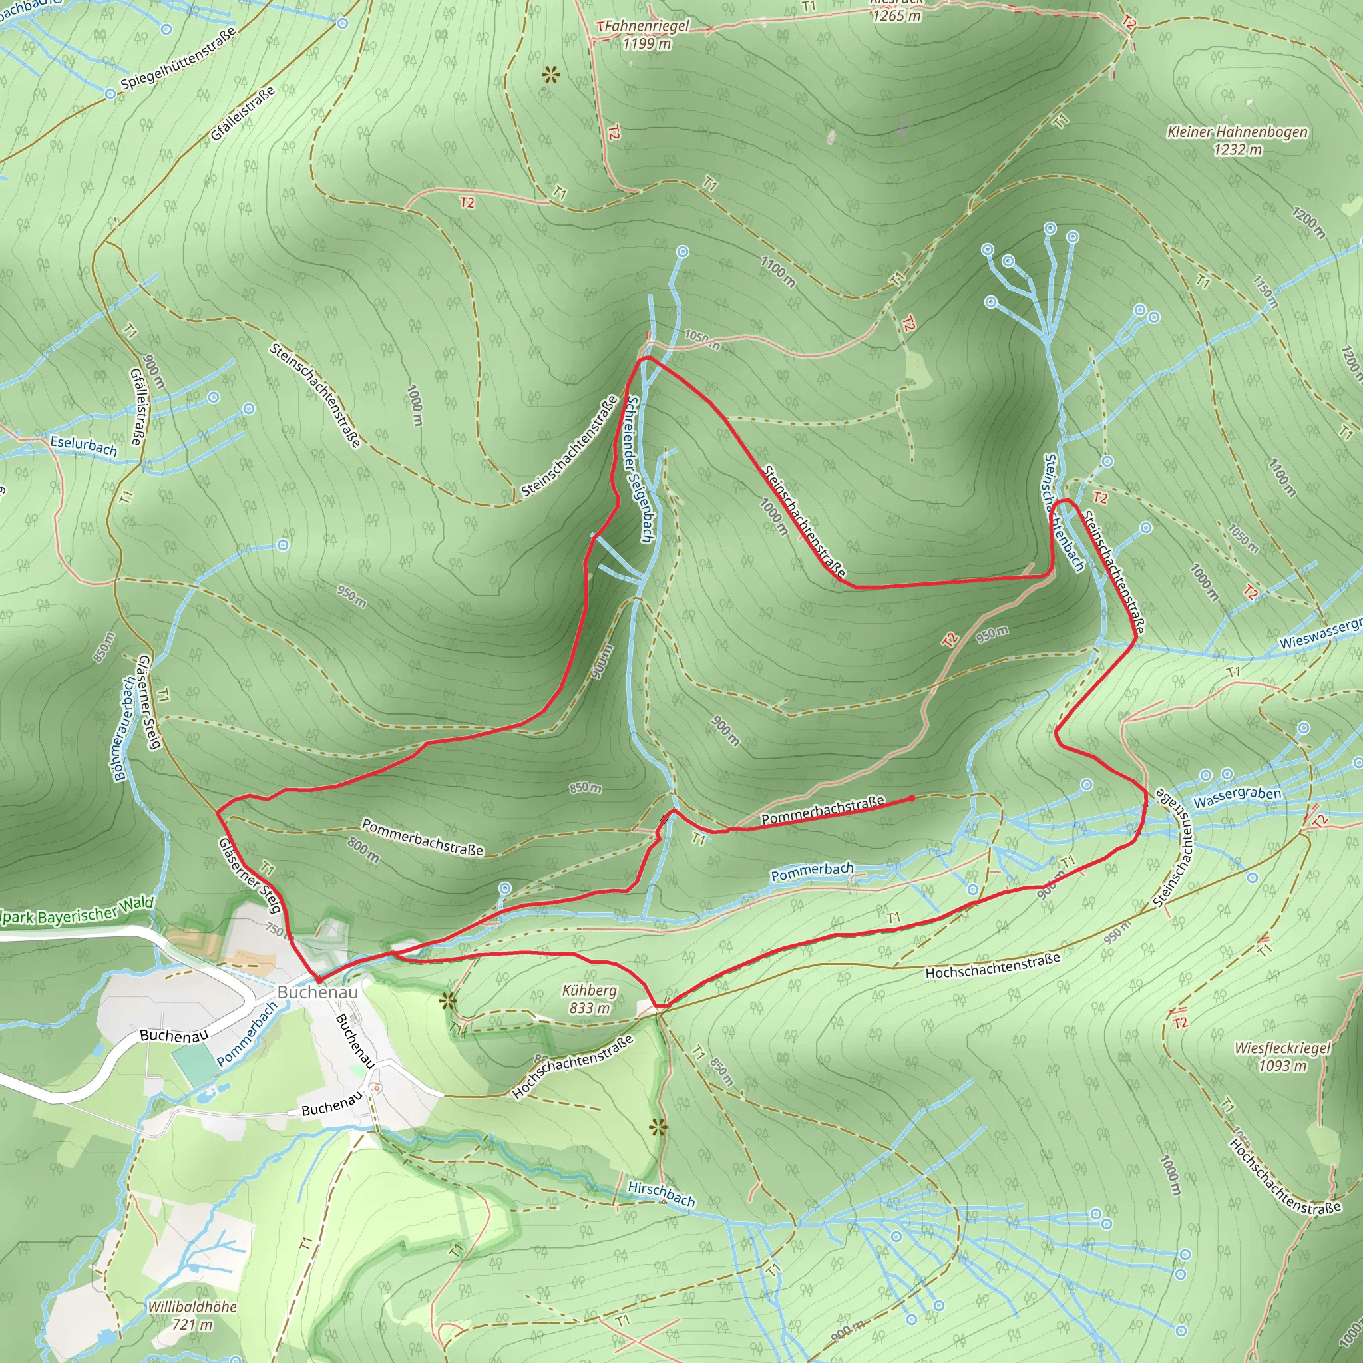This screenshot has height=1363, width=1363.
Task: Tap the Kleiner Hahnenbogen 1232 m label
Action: (x=1237, y=140)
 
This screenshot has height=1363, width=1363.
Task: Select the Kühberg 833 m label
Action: (x=589, y=999)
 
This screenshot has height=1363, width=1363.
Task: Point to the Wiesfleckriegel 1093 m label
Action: (x=1282, y=1056)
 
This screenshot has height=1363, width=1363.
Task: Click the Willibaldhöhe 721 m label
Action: (x=192, y=1315)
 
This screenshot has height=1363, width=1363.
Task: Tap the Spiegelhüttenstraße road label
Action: (x=178, y=59)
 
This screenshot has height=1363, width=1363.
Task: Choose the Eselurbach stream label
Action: (x=83, y=446)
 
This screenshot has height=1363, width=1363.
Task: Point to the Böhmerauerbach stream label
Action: (x=124, y=729)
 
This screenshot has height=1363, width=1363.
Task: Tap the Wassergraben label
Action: (x=1237, y=797)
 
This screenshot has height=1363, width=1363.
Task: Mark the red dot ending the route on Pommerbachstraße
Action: (x=912, y=799)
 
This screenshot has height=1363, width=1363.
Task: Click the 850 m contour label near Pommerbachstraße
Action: (x=586, y=787)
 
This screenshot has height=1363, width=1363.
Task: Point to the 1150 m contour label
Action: (x=1265, y=292)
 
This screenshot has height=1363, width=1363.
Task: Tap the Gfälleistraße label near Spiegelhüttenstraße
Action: (x=242, y=113)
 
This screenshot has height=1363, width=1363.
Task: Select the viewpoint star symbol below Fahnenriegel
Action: (x=550, y=75)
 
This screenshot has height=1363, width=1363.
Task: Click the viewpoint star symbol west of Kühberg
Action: (x=447, y=1000)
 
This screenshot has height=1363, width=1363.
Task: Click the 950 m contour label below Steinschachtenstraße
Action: (x=992, y=634)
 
